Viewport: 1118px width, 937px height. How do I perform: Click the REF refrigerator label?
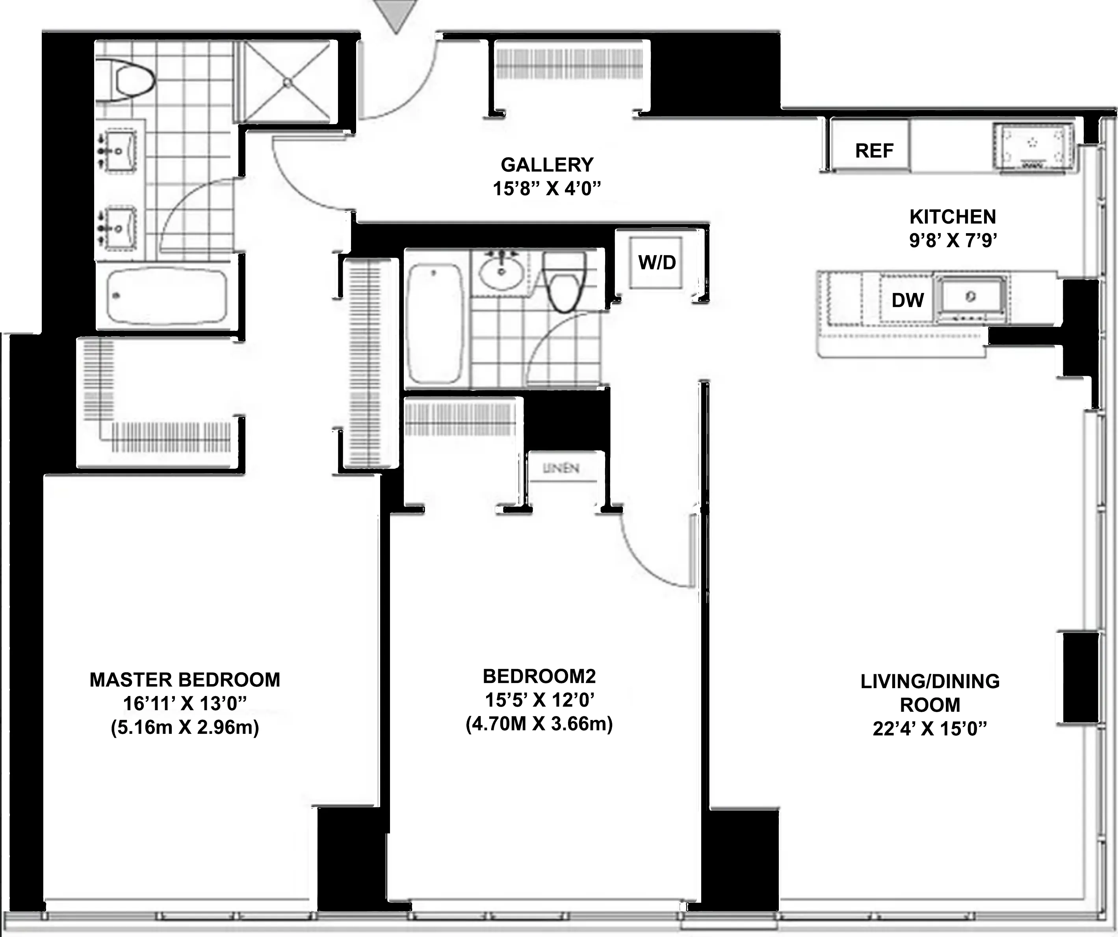click(874, 151)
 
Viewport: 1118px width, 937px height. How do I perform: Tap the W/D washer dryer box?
click(656, 262)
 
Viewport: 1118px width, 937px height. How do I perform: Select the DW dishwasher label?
click(907, 300)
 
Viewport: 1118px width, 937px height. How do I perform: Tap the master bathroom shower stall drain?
click(288, 83)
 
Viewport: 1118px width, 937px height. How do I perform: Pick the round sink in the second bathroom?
click(500, 271)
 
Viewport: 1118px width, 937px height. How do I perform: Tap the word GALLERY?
click(547, 165)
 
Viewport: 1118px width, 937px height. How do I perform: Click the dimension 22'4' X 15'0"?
click(930, 729)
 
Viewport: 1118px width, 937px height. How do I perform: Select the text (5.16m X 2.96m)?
click(185, 727)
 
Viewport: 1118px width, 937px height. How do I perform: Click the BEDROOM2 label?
click(539, 677)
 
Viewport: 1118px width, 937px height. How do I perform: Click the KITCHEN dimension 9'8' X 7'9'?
click(953, 241)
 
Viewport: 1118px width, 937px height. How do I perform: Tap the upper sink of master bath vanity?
click(120, 152)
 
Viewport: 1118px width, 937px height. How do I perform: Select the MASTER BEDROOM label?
click(185, 680)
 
